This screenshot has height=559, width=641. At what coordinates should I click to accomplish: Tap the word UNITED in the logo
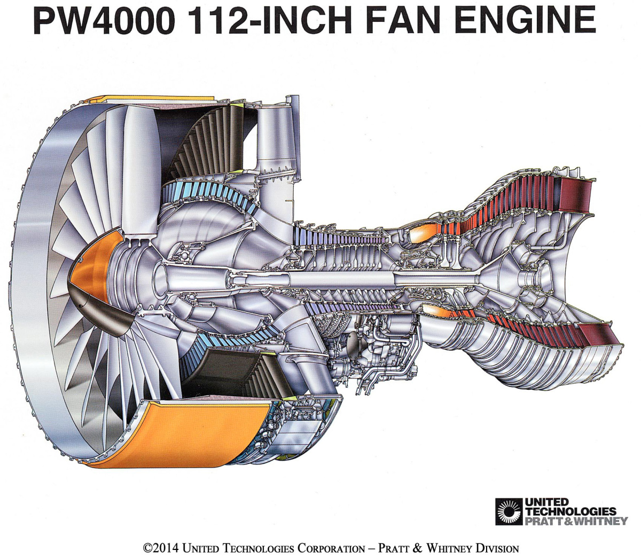[x=546, y=502]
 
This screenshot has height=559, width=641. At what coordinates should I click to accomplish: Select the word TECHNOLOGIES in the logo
[x=570, y=511]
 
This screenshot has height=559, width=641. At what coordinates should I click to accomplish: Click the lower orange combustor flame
[x=435, y=312]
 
